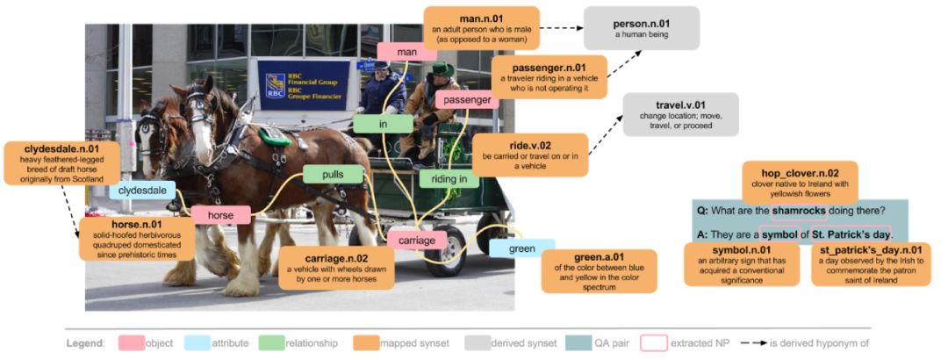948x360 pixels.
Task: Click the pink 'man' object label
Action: pos(406,52)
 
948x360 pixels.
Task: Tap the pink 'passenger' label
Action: pos(466,100)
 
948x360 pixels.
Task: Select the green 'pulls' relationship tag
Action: pos(333,175)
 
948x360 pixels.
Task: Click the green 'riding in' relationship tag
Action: pos(449,179)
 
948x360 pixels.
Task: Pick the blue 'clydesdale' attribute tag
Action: pos(142,190)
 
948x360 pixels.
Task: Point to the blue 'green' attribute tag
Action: pos(521,248)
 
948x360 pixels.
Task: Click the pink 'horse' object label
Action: pos(221,214)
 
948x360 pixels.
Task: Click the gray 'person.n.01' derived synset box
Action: pos(643,27)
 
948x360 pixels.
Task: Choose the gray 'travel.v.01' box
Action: pos(680,114)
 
